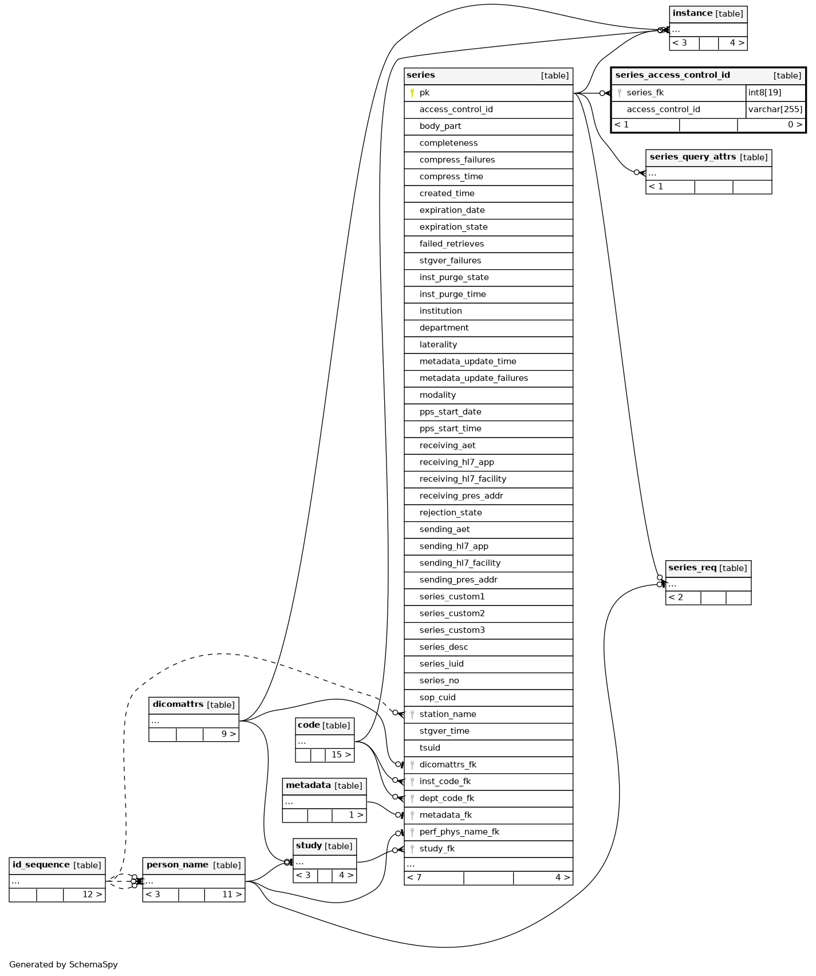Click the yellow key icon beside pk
(x=412, y=93)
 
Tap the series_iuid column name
(x=441, y=664)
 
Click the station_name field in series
(x=448, y=714)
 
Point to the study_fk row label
(x=437, y=849)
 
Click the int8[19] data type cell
(x=764, y=93)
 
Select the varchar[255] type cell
(x=775, y=109)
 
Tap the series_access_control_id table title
(x=672, y=75)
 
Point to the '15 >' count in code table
(x=341, y=755)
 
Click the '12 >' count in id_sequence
(x=92, y=895)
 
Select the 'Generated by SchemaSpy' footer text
(x=64, y=965)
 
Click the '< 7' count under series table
(x=414, y=877)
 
